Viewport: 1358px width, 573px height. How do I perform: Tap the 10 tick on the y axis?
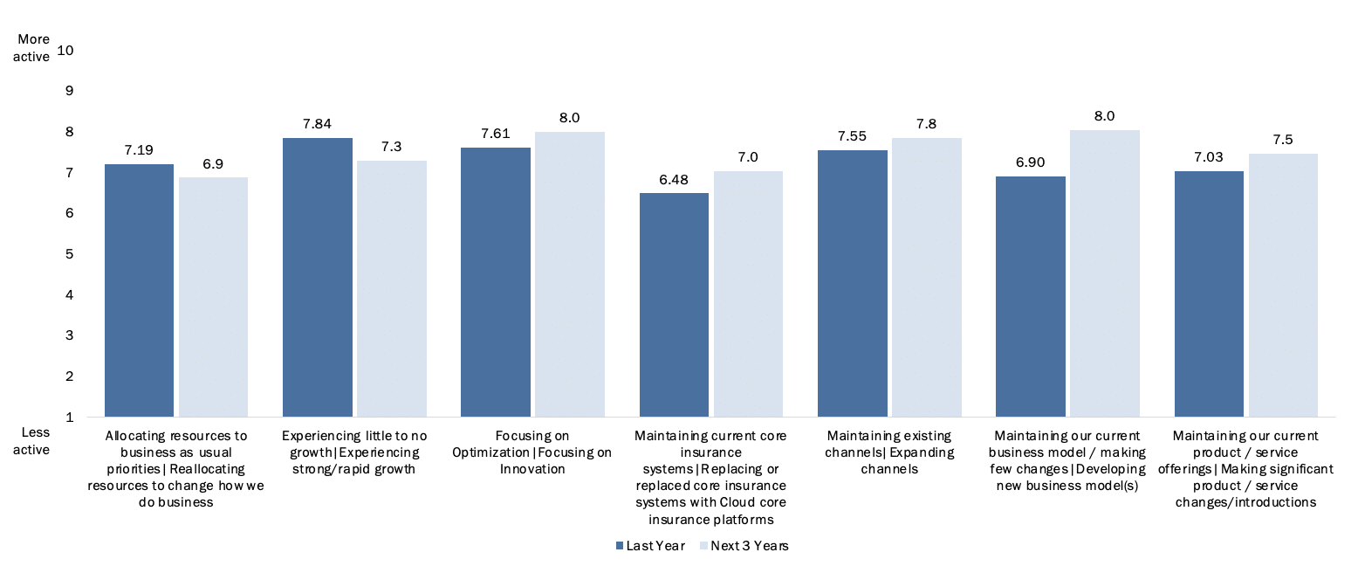[64, 50]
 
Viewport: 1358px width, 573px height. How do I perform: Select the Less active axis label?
[34, 441]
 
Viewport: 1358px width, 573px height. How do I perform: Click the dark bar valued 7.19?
[139, 290]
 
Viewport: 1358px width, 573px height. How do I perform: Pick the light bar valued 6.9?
[214, 297]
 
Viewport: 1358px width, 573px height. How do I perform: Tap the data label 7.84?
[318, 123]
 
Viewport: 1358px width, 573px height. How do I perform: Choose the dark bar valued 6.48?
[674, 305]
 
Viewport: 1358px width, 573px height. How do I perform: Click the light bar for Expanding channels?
[927, 277]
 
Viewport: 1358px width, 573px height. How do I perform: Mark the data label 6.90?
[1031, 162]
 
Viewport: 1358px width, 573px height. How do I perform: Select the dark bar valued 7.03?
[1209, 293]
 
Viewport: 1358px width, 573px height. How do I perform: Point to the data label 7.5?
[1283, 140]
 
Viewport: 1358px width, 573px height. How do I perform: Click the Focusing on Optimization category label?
[532, 452]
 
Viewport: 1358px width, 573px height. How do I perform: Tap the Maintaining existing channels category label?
[890, 452]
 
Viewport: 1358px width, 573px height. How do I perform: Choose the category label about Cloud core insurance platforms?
[711, 477]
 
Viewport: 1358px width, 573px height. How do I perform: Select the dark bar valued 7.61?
[496, 282]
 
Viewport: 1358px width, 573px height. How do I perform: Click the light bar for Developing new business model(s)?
[1105, 273]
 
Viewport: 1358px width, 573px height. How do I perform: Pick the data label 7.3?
[392, 147]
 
